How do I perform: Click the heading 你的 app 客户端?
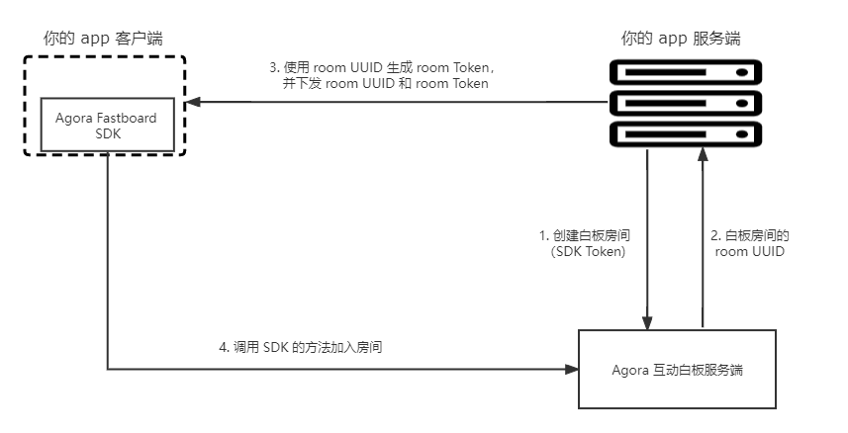(103, 39)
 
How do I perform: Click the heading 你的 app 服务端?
(681, 39)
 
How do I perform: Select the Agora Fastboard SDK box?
(108, 125)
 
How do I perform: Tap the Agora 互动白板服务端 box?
(677, 369)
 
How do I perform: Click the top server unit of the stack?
(685, 72)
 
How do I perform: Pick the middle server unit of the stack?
(685, 103)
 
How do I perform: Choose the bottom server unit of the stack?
(685, 134)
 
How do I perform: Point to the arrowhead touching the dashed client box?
(193, 102)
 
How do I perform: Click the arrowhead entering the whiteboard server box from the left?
(572, 369)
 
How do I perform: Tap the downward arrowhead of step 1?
(647, 322)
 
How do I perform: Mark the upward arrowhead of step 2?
(703, 154)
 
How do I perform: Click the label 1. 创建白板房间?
(585, 235)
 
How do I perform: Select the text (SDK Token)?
(588, 251)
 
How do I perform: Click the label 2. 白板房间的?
(750, 235)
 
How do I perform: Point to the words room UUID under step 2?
(750, 251)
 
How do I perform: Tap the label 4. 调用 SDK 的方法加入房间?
(300, 347)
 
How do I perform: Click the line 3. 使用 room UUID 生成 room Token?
(383, 67)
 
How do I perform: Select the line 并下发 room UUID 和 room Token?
(385, 84)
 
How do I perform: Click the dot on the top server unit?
(742, 72)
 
